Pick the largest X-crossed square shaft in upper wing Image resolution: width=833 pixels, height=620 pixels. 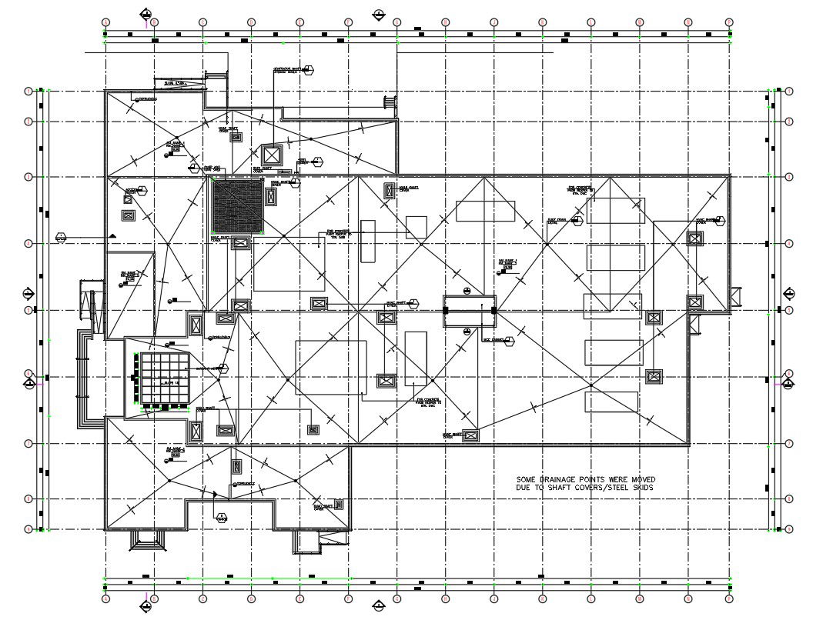click(273, 153)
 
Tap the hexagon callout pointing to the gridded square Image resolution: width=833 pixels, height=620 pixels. click(226, 369)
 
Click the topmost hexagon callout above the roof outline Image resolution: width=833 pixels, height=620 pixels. click(308, 72)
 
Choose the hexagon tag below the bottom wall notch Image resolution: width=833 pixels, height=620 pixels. click(222, 516)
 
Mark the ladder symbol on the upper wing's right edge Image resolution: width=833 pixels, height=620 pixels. click(390, 103)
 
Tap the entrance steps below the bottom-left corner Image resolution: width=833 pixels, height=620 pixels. click(148, 541)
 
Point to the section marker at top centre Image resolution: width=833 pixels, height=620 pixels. click(378, 15)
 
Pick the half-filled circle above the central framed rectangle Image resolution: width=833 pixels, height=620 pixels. click(467, 290)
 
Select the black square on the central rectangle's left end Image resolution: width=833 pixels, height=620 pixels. click(446, 309)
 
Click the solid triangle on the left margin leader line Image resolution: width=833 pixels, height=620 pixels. click(112, 236)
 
